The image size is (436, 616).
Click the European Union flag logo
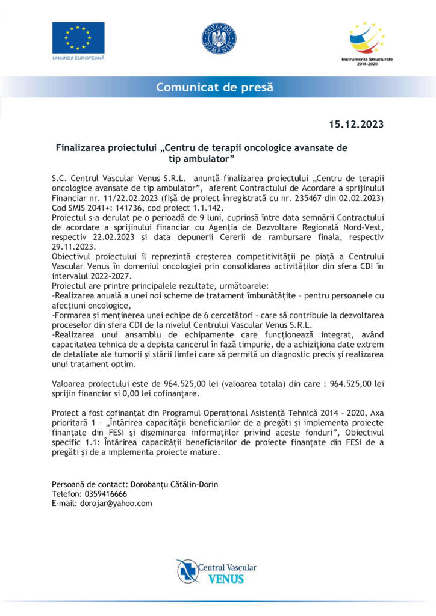point(78,37)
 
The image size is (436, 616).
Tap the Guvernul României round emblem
point(218,37)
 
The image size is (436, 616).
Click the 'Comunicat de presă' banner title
point(215,87)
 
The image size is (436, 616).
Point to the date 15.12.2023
point(356,125)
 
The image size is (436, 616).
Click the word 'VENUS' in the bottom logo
point(225,579)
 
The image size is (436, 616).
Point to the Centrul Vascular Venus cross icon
point(188,571)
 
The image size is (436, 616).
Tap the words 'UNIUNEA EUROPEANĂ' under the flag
point(78,58)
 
